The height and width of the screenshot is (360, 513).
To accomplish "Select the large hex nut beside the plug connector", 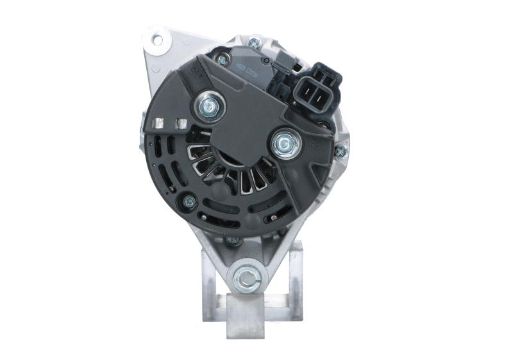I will pyautogui.click(x=285, y=143).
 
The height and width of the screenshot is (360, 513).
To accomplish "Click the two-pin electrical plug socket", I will pyautogui.click(x=319, y=90).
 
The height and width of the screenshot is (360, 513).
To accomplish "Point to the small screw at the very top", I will pyautogui.click(x=255, y=43).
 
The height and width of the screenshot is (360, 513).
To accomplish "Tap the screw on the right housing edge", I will pyautogui.click(x=341, y=152).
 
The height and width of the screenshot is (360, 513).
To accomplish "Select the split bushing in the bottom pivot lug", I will pyautogui.click(x=246, y=277).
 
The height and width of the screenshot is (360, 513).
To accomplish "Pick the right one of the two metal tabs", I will pyautogui.click(x=181, y=123).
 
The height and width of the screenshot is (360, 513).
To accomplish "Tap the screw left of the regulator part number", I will pyautogui.click(x=223, y=59).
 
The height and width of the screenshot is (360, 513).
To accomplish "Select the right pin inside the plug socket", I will pyautogui.click(x=325, y=91).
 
